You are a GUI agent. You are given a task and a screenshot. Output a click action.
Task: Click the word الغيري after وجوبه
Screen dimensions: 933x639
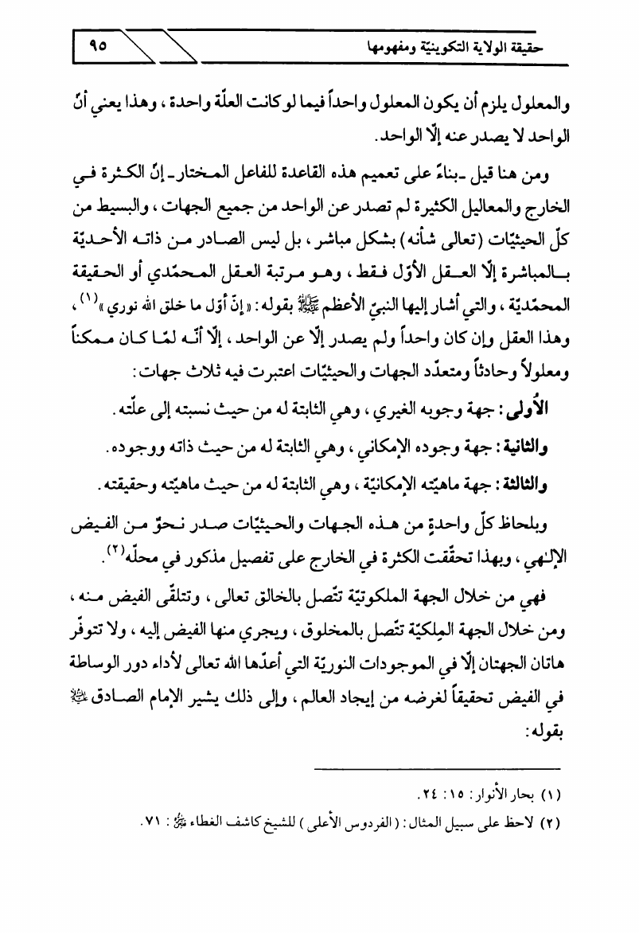[x=438, y=408]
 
